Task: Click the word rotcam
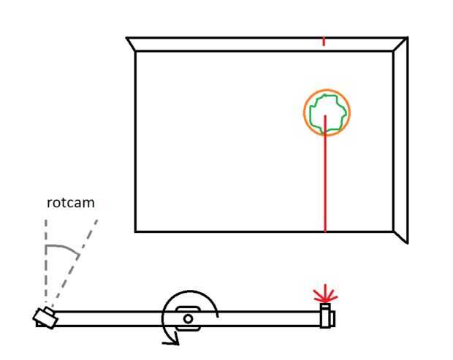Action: point(70,203)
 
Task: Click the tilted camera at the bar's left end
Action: point(45,317)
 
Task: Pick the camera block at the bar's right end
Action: point(327,318)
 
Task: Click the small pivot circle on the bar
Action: point(189,318)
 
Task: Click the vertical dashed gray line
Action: point(45,263)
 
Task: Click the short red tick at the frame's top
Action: point(324,40)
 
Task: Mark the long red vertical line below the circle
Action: point(325,183)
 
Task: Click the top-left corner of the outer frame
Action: point(127,38)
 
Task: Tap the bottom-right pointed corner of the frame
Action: point(406,242)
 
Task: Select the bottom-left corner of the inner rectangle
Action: point(136,231)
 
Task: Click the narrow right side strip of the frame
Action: point(400,139)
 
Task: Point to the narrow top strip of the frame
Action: point(263,45)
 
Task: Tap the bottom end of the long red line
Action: point(325,231)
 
